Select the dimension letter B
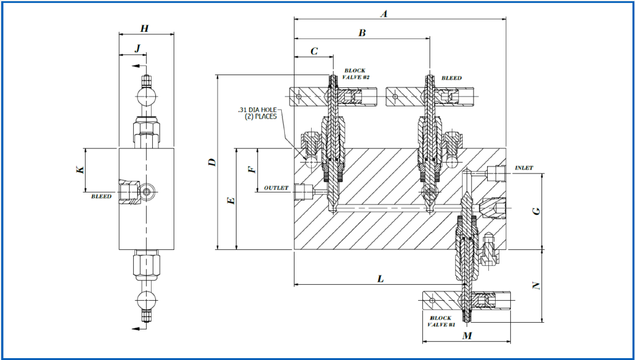pos(361,33)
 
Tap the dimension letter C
pos(314,51)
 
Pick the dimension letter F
pos(251,168)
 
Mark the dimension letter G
pos(536,211)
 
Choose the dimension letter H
pos(144,28)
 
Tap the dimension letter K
pos(79,169)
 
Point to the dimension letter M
pos(467,336)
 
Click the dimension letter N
pos(536,285)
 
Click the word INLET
pos(524,168)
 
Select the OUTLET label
pos(276,188)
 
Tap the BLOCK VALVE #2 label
pos(356,74)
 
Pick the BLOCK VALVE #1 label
pos(441,321)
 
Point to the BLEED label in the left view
pos(101,197)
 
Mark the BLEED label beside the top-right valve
pos(452,78)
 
